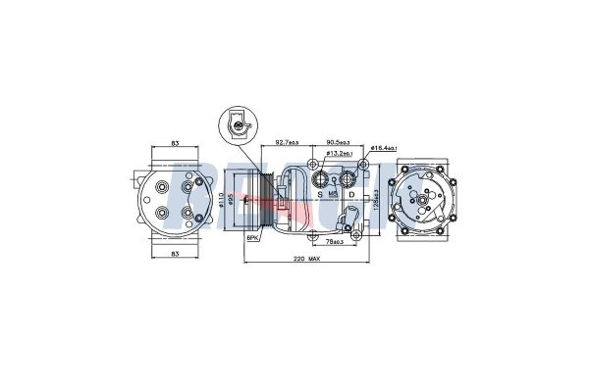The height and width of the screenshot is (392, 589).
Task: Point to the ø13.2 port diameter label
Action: [340, 155]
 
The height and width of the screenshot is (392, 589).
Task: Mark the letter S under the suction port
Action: [320, 194]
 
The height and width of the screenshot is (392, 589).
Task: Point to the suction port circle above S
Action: [320, 178]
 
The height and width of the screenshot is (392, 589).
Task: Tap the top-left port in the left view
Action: [159, 184]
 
